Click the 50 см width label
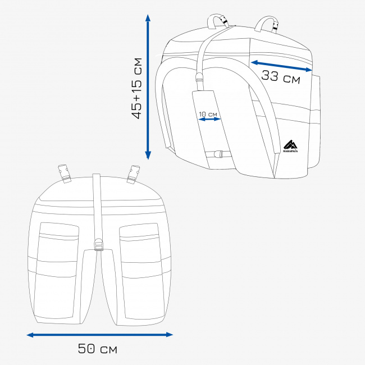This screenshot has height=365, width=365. pos(98,349)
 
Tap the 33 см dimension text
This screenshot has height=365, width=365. pos(281,77)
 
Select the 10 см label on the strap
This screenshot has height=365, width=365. pos(208,114)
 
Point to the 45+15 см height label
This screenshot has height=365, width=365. pos(136,89)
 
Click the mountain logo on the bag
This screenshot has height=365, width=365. pos(290,146)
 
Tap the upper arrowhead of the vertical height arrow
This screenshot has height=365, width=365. pos(148,18)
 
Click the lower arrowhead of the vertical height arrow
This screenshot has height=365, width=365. pos(148,155)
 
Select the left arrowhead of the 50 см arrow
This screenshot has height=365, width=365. pos(30,335)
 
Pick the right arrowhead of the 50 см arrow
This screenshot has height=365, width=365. pos(170,335)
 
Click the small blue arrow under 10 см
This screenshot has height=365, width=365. pos(209,119)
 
